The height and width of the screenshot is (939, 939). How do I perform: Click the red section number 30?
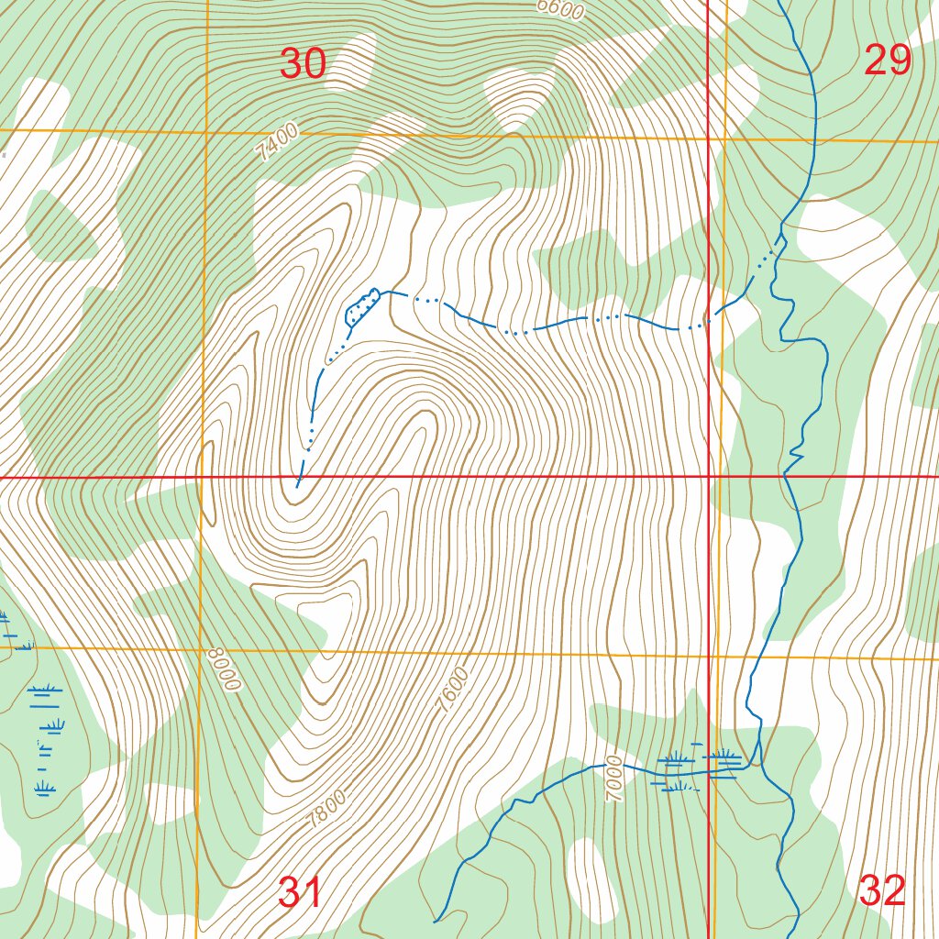tap(303, 64)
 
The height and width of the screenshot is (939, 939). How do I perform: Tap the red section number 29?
tap(888, 61)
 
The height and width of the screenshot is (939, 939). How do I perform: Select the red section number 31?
tap(300, 892)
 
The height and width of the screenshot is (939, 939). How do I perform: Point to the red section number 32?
tap(884, 890)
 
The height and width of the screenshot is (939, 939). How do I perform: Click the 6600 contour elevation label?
tap(560, 8)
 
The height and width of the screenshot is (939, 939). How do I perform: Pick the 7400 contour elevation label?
tap(278, 144)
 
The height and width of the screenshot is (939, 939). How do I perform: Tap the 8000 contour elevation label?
tap(224, 670)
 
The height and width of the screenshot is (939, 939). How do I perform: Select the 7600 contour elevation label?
tap(453, 690)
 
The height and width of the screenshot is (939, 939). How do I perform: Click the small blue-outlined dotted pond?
tap(360, 306)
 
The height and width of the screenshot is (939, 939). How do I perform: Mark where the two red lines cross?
tap(710, 477)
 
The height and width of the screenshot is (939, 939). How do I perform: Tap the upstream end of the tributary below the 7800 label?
tap(435, 920)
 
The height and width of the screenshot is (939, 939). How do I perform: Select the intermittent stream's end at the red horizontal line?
tap(298, 478)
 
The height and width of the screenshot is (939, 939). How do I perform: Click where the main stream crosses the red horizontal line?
tap(786, 476)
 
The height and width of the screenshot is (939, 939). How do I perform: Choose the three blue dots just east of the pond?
tap(427, 300)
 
